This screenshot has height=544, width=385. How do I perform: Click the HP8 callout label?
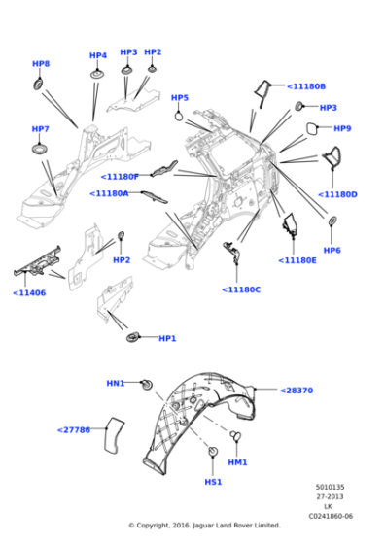point(40,64)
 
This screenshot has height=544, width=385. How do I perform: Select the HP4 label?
point(97,55)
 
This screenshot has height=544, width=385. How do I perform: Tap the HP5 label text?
point(180,98)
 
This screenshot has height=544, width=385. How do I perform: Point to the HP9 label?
point(342,128)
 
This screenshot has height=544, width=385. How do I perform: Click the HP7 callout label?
point(40,129)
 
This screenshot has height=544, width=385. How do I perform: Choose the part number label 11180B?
point(306,86)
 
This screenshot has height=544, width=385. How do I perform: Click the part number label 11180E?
point(297,260)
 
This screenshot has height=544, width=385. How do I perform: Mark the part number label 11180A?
point(110,193)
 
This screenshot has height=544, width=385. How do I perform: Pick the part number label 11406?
point(30,292)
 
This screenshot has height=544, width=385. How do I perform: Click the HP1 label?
point(167,338)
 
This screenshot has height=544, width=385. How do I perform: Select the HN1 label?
point(116,384)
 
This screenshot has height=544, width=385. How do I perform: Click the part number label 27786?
point(74,429)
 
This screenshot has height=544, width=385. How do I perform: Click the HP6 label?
point(332,250)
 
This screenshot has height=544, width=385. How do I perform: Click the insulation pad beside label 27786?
point(113,433)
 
